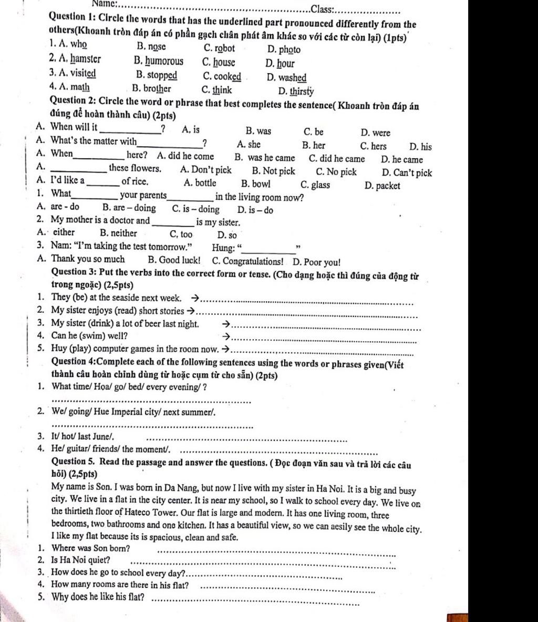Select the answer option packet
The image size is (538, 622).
(x=388, y=186)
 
